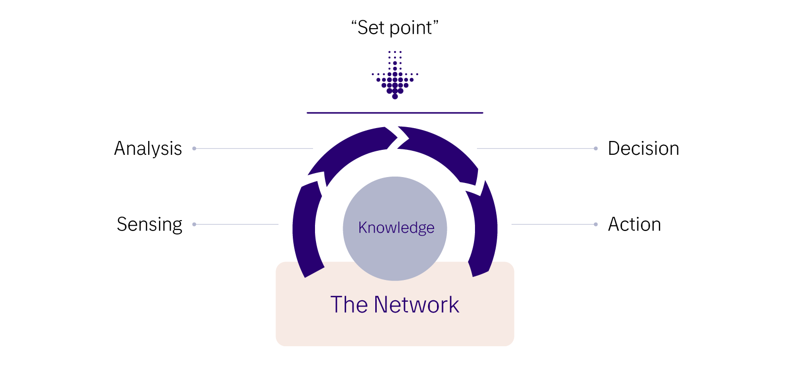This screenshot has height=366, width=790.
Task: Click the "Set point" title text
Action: pos(395,28)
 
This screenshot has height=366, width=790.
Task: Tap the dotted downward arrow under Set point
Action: pos(395,77)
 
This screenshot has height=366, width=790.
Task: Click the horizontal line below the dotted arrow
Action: pos(395,113)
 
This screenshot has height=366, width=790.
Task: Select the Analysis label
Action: pos(148,148)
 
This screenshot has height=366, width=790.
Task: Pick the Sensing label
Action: pos(149,225)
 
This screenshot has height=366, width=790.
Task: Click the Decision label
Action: pos(643,148)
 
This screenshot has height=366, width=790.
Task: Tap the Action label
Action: pos(634,225)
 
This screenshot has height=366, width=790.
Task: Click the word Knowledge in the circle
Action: pos(396,228)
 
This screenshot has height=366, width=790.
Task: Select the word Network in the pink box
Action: pos(416,305)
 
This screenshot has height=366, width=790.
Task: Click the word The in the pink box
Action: pos(349,305)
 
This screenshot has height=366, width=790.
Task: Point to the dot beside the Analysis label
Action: pos(194,148)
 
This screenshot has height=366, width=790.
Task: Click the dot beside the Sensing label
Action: pos(194,225)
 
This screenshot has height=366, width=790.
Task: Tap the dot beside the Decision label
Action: pos(596,148)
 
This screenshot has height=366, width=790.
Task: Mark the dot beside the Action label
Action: pos(596,225)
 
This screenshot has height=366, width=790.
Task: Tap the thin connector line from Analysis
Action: pos(254,148)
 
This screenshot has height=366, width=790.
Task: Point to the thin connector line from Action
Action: pos(553,225)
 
